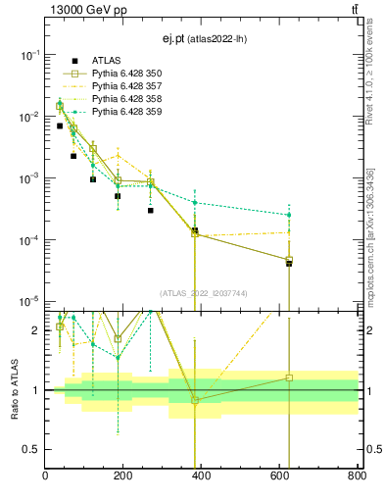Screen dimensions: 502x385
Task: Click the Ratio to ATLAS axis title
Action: (x=15, y=389)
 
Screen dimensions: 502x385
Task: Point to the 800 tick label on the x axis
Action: (x=355, y=477)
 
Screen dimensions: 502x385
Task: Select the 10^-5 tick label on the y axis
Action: (x=29, y=301)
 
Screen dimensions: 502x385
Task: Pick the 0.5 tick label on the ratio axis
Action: (x=31, y=449)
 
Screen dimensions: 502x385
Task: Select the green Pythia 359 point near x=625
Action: (x=289, y=215)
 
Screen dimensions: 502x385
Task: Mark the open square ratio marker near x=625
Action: (x=289, y=377)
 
